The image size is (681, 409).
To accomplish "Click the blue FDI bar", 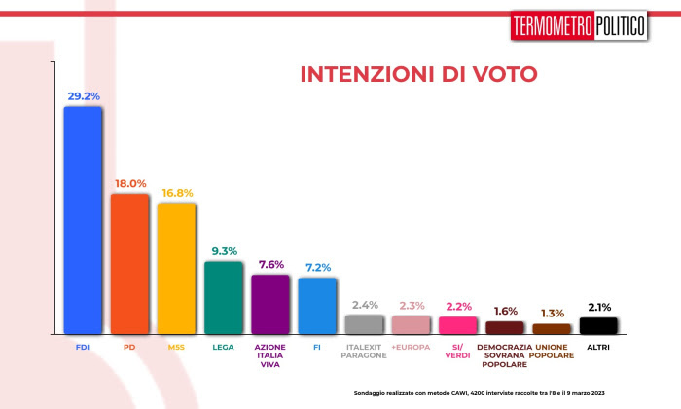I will pyautogui.click(x=83, y=220).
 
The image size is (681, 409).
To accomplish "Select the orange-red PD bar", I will pyautogui.click(x=129, y=264).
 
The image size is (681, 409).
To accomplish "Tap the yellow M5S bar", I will pyautogui.click(x=176, y=268).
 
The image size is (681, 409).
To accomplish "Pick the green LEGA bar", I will pyautogui.click(x=223, y=297).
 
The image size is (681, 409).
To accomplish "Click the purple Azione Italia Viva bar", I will pyautogui.click(x=269, y=304).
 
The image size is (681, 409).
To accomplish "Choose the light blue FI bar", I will pyautogui.click(x=316, y=306).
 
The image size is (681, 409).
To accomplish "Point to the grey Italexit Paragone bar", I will pyautogui.click(x=364, y=324).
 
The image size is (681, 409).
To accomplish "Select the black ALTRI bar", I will pyautogui.click(x=598, y=325).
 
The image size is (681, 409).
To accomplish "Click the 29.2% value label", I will pyautogui.click(x=84, y=96).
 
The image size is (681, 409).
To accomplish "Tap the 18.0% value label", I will pyautogui.click(x=130, y=183).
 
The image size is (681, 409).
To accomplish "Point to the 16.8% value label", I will pyautogui.click(x=177, y=193).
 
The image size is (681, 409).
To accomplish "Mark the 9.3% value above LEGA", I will pyautogui.click(x=224, y=251).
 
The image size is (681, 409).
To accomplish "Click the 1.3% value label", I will pyautogui.click(x=552, y=313).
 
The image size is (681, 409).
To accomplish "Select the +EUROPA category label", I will pyautogui.click(x=411, y=346).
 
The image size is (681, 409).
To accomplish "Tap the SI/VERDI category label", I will pyautogui.click(x=457, y=351).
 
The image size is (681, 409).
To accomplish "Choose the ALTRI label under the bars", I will pyautogui.click(x=598, y=346).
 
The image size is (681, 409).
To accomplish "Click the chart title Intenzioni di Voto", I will pyautogui.click(x=417, y=75).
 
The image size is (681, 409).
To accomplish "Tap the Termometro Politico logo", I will pyautogui.click(x=578, y=26).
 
